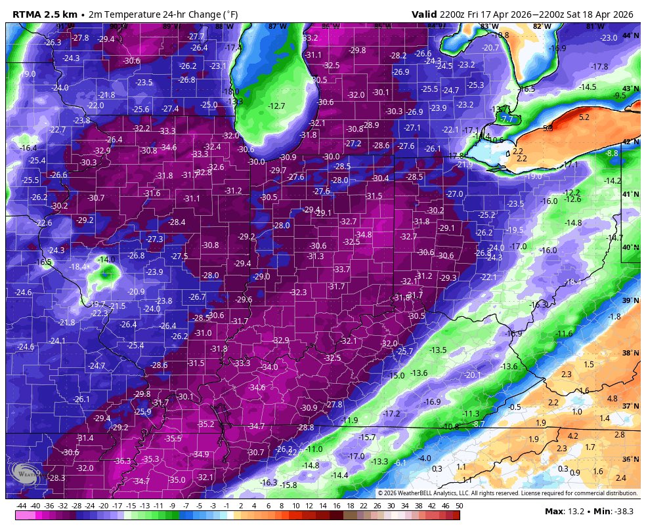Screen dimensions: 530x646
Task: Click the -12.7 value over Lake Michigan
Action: pyautogui.click(x=276, y=106)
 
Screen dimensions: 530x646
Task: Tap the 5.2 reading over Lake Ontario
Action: pyautogui.click(x=584, y=117)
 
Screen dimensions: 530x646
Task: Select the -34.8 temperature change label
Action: pyautogui.click(x=363, y=235)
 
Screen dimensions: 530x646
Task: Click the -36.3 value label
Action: pyautogui.click(x=122, y=461)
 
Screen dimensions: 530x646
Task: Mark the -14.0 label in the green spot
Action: pyautogui.click(x=106, y=260)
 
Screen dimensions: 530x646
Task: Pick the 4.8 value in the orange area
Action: pyautogui.click(x=612, y=399)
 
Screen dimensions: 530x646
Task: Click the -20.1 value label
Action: pyautogui.click(x=472, y=375)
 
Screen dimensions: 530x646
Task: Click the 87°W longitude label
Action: pyautogui.click(x=277, y=26)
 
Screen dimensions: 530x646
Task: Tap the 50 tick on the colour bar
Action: pyautogui.click(x=458, y=506)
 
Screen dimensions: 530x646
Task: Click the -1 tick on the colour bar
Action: pyautogui.click(x=226, y=506)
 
